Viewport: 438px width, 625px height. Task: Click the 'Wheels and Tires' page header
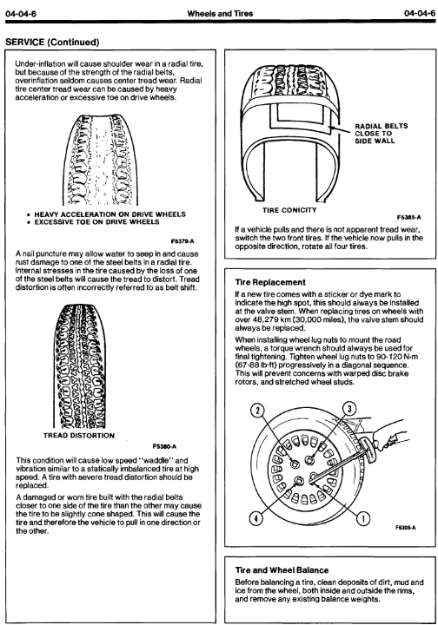[x=220, y=13]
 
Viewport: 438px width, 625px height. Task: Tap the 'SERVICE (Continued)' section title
[x=52, y=43]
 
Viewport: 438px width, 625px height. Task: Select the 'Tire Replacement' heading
[x=270, y=282]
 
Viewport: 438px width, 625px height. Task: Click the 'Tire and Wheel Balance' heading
[x=282, y=570]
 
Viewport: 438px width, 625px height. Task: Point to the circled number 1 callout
[x=363, y=518]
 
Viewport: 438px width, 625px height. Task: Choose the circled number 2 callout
[x=258, y=410]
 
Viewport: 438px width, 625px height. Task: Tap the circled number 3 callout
[x=349, y=409]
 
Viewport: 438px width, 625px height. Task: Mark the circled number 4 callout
[x=256, y=518]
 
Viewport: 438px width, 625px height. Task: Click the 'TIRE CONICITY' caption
[x=289, y=210]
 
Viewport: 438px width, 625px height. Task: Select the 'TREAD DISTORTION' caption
[x=79, y=436]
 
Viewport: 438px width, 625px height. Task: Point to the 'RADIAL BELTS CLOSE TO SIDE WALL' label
[x=382, y=134]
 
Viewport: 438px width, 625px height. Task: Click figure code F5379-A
[x=182, y=241]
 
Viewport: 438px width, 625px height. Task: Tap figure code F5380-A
[x=164, y=446]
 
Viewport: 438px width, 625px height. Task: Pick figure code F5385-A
[x=408, y=217]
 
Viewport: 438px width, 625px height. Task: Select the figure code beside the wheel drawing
[x=405, y=528]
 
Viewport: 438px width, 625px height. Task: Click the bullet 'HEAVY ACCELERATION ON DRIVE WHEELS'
[x=106, y=214]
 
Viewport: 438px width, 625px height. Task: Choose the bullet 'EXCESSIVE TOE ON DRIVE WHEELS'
[x=93, y=222]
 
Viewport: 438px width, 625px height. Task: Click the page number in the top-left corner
[x=21, y=13]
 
